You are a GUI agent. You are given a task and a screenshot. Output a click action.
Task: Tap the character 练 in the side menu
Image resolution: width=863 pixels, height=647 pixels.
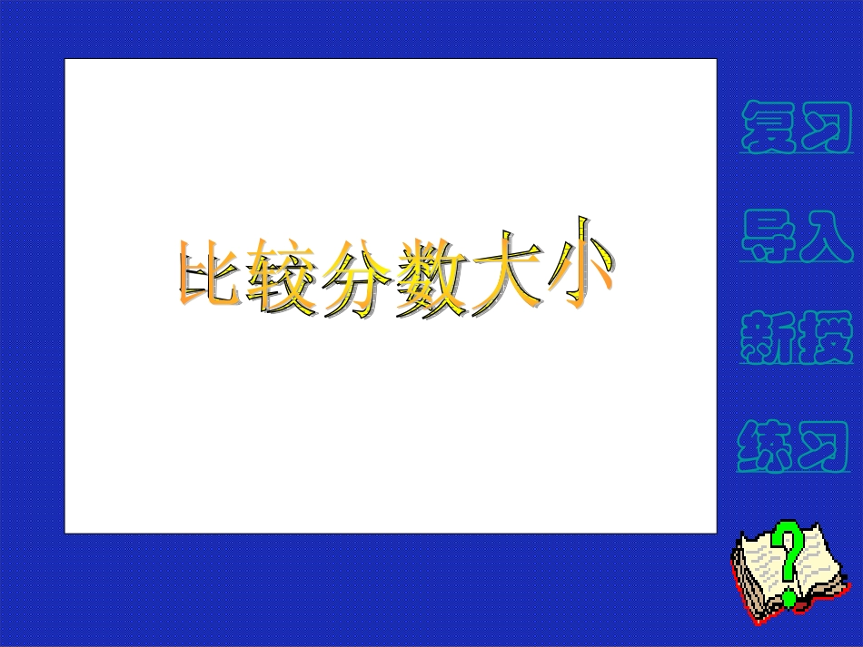[x=769, y=445]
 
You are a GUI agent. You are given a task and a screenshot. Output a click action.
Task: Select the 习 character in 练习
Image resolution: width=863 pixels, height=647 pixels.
[x=825, y=445]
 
